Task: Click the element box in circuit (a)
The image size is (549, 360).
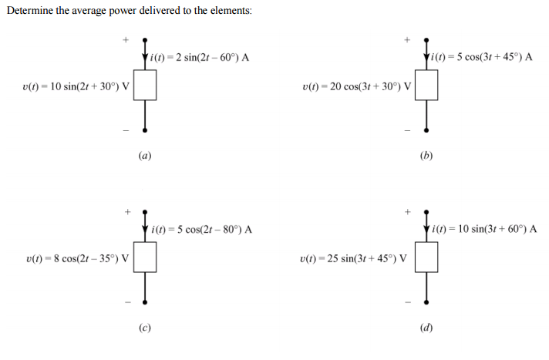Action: click(x=145, y=86)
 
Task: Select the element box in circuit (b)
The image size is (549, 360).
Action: click(x=427, y=86)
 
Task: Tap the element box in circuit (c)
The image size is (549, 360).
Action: click(x=145, y=258)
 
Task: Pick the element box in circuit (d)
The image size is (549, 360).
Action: click(x=427, y=258)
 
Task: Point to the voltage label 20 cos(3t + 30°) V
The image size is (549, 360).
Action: click(x=357, y=86)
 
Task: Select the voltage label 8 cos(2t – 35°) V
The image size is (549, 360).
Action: click(x=77, y=258)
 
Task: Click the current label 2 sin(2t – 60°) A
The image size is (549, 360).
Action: click(x=200, y=57)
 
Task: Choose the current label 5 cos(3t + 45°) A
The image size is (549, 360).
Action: click(x=483, y=57)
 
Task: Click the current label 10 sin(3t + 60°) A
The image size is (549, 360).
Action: click(x=484, y=229)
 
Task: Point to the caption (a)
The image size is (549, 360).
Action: click(x=145, y=155)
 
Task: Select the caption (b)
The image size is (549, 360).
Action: click(x=427, y=155)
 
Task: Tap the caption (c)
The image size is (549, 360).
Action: click(x=145, y=328)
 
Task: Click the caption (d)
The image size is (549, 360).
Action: click(x=427, y=328)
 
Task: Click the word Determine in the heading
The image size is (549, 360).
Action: click(x=30, y=12)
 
